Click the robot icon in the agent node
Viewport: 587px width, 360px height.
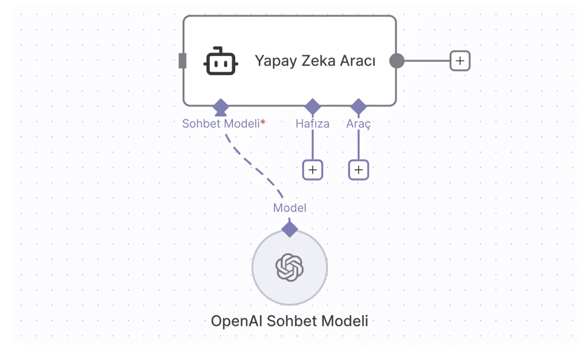tap(221, 61)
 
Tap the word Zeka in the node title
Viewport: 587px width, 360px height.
tap(318, 60)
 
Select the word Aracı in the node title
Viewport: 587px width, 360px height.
tap(358, 60)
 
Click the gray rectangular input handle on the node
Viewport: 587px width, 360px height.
tap(182, 61)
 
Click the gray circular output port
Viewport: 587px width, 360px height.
tap(397, 61)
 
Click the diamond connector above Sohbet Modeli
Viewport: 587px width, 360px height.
tap(221, 107)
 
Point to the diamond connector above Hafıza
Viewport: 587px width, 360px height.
tap(312, 107)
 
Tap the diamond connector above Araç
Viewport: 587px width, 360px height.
tap(358, 107)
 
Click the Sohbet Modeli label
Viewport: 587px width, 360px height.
tap(221, 124)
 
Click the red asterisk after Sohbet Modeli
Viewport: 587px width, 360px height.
tap(263, 122)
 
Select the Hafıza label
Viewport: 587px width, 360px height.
tap(312, 124)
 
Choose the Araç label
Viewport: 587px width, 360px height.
tap(358, 124)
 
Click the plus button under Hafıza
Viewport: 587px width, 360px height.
tap(312, 170)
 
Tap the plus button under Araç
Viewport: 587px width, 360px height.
tap(358, 170)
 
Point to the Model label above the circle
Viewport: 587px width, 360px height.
tap(289, 208)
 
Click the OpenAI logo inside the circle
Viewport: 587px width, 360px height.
tap(289, 267)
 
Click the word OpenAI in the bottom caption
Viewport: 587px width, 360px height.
tap(237, 321)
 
